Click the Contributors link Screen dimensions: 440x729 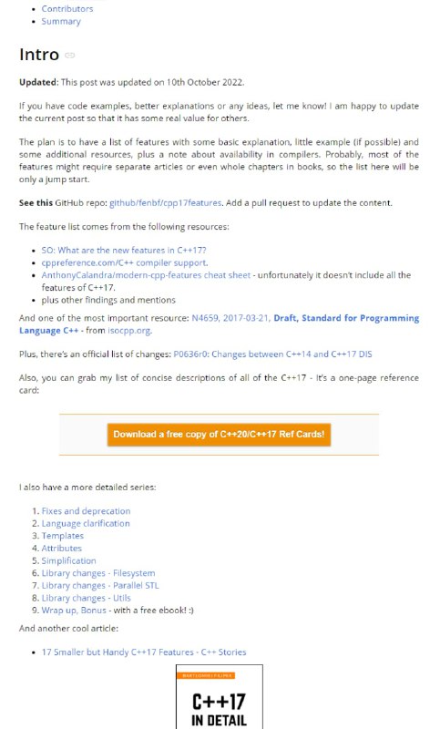coord(67,9)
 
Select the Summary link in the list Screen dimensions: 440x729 coord(61,21)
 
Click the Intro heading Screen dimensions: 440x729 coord(39,55)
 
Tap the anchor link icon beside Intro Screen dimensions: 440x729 coord(70,56)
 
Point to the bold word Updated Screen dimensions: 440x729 coord(39,82)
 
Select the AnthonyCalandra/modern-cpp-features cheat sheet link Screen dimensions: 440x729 coord(147,275)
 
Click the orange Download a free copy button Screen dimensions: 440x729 coord(219,435)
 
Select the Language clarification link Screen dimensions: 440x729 coord(86,524)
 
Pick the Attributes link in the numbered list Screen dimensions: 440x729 coord(62,549)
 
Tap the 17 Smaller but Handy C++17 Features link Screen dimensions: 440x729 coord(144,652)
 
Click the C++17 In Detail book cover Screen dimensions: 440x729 coord(219,697)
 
